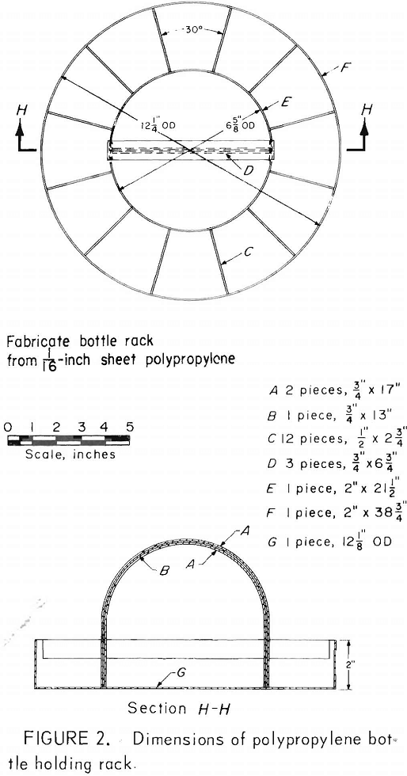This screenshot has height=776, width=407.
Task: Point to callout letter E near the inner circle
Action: [x=285, y=102]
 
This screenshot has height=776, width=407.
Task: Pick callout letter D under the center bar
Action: [x=249, y=171]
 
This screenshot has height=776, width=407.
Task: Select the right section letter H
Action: [x=367, y=110]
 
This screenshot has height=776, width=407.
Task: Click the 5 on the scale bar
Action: [x=130, y=427]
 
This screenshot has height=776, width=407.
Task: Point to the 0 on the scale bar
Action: [x=7, y=427]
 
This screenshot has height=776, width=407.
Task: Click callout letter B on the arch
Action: [x=166, y=571]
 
